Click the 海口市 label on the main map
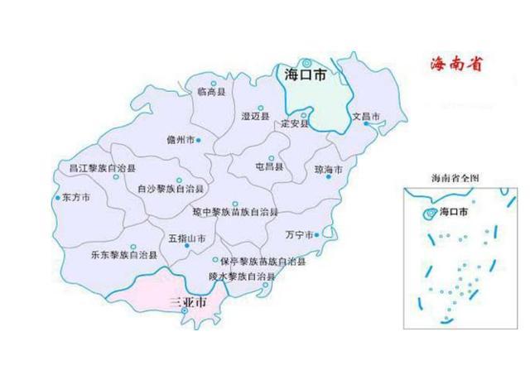pos(305,75)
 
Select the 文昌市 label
pos(365,116)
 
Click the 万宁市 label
pos(300,234)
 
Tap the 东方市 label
pos(74,199)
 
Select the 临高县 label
pos(212,93)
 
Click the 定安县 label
pos(294,124)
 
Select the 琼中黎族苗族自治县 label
pos(235,213)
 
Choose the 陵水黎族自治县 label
pos(242,275)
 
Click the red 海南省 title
pos(458,64)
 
